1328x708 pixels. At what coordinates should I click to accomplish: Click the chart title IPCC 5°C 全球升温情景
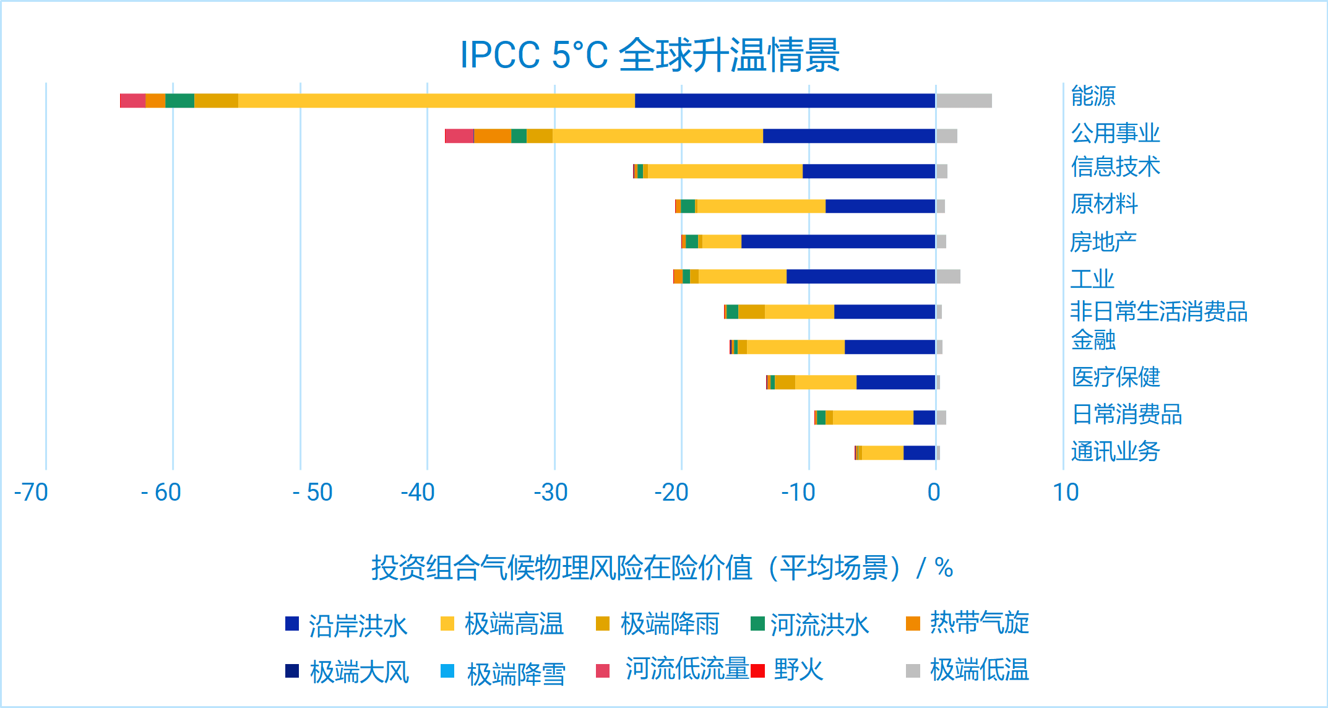(x=650, y=54)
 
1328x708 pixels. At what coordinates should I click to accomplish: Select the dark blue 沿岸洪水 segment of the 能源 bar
(x=785, y=101)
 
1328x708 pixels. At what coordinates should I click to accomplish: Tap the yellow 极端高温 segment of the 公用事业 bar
(x=657, y=136)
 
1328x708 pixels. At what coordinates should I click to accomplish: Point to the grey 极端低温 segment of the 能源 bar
(x=964, y=101)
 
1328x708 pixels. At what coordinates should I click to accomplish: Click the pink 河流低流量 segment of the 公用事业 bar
(x=459, y=136)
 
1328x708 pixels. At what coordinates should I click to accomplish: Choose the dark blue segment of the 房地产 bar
(x=838, y=241)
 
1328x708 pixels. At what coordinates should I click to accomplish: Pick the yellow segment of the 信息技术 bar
(x=725, y=171)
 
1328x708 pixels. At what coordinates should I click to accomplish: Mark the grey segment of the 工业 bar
(x=948, y=277)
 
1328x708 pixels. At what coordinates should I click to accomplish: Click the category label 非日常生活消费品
(x=1158, y=311)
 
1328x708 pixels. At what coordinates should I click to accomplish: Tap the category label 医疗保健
(x=1116, y=377)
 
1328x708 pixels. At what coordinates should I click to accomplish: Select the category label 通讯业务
(x=1115, y=452)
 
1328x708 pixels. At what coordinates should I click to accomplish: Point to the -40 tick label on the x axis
(x=418, y=493)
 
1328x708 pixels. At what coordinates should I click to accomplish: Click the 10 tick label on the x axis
(x=1066, y=493)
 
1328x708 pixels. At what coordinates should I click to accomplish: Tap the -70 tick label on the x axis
(x=31, y=493)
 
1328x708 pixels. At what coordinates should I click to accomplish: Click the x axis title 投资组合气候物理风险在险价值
(x=662, y=568)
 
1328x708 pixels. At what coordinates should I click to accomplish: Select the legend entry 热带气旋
(x=979, y=623)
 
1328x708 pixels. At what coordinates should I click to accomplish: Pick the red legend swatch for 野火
(x=758, y=671)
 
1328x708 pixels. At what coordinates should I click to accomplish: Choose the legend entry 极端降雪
(x=516, y=673)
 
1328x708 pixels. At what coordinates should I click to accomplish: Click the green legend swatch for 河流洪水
(x=757, y=623)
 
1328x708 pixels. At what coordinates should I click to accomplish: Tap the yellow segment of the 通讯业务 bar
(x=882, y=453)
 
